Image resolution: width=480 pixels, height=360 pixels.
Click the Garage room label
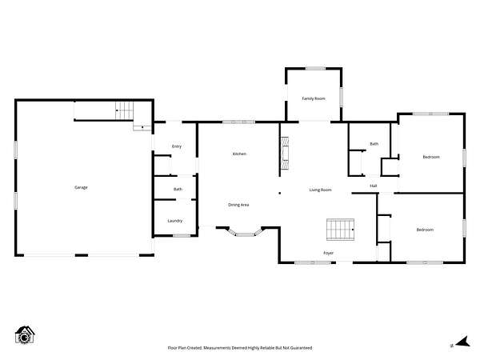(x=81, y=187)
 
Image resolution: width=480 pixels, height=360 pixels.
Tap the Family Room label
(x=314, y=98)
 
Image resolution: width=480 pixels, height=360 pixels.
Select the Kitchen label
(x=239, y=154)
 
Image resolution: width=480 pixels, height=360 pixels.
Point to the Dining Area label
(x=238, y=205)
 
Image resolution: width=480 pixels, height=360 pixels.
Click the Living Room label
(x=321, y=190)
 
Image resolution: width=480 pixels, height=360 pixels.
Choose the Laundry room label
(x=174, y=221)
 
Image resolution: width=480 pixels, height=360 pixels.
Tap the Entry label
(x=177, y=146)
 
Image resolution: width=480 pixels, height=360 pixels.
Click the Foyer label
(x=329, y=253)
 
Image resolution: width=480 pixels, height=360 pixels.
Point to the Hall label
(x=374, y=186)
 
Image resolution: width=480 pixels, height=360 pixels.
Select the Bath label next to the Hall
(x=374, y=143)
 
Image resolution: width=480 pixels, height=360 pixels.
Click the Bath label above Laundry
(x=178, y=189)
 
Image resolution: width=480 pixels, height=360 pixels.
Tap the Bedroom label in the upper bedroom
(x=431, y=157)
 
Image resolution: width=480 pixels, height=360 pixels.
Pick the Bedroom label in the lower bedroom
(x=425, y=230)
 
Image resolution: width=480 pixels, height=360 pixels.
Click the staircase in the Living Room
(x=341, y=230)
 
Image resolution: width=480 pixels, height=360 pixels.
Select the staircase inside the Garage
(x=125, y=110)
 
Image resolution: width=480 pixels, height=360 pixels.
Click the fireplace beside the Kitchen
(x=285, y=153)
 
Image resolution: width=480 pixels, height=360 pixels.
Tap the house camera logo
(x=25, y=335)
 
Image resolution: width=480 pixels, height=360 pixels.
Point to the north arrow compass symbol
(x=462, y=342)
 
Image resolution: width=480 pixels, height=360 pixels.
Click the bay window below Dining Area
(x=245, y=233)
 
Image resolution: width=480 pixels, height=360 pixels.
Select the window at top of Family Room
(x=315, y=68)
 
